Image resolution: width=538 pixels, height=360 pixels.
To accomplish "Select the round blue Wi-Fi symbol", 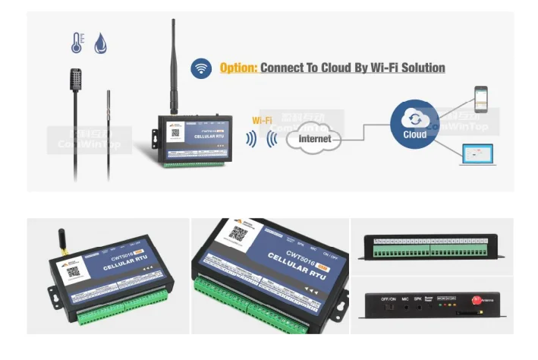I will point(201,68).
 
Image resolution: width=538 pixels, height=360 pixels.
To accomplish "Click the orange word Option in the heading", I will point(238,68).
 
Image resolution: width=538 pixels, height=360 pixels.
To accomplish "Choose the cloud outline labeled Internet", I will point(313,139).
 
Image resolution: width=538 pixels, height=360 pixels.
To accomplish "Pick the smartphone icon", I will point(480,99).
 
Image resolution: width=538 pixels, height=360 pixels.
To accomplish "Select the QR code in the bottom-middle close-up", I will point(238,235).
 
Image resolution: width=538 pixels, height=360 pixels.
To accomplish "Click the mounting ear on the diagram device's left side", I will point(153,136).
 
